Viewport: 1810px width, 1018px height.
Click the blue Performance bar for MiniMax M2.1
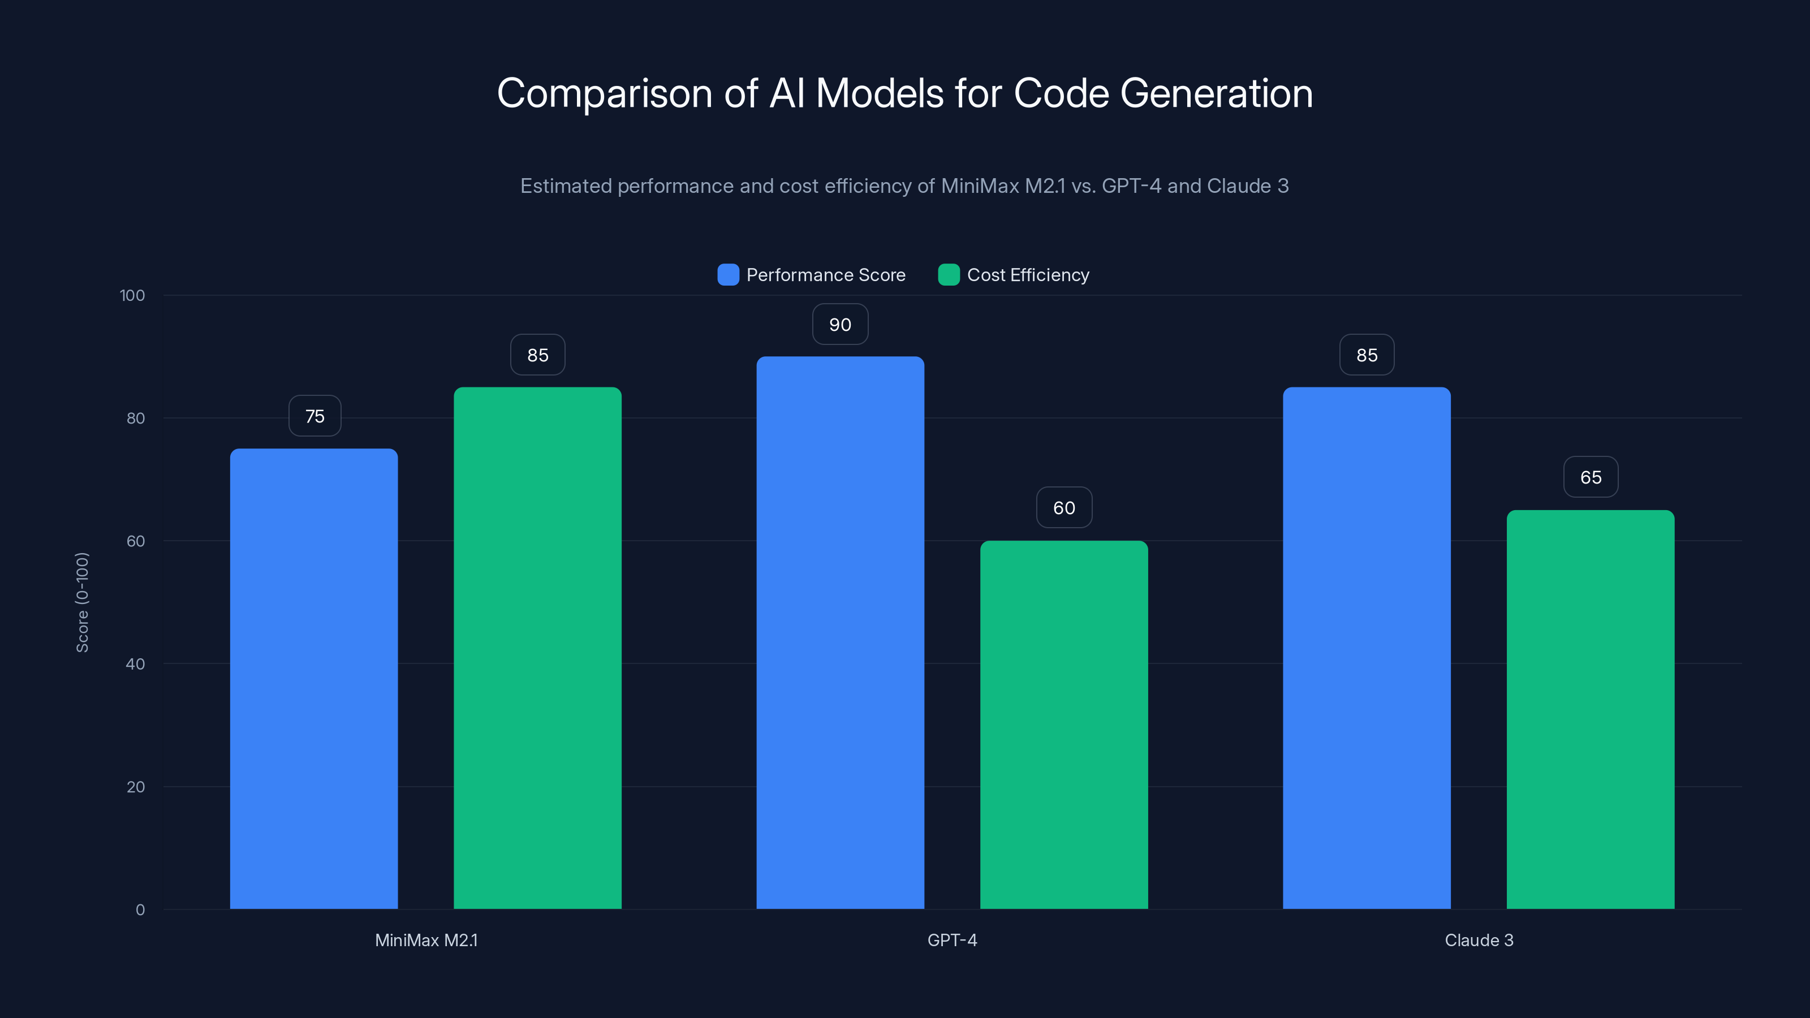point(313,678)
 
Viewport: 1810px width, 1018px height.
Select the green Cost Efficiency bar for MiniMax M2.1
point(537,647)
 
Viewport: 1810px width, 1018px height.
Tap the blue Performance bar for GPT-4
point(839,632)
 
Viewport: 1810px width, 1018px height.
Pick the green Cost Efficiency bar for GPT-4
point(1064,724)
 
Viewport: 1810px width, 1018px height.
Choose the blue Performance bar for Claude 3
point(1367,647)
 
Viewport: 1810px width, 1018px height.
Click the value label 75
point(315,416)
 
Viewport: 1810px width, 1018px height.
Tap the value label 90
point(839,325)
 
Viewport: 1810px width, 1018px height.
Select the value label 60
point(1064,507)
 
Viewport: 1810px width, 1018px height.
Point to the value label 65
point(1590,477)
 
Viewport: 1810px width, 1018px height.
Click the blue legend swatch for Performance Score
point(728,275)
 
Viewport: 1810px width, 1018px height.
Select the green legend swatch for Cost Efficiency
point(949,275)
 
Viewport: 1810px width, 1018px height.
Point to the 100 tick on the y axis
point(132,295)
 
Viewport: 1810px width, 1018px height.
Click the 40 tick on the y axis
point(135,664)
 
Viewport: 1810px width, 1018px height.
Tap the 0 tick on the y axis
point(140,910)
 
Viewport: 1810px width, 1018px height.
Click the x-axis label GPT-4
point(952,940)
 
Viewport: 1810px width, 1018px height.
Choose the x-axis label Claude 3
point(1479,940)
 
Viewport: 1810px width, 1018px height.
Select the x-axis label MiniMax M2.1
point(426,940)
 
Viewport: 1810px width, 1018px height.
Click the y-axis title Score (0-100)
point(82,602)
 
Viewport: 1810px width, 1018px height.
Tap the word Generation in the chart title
point(1216,93)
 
